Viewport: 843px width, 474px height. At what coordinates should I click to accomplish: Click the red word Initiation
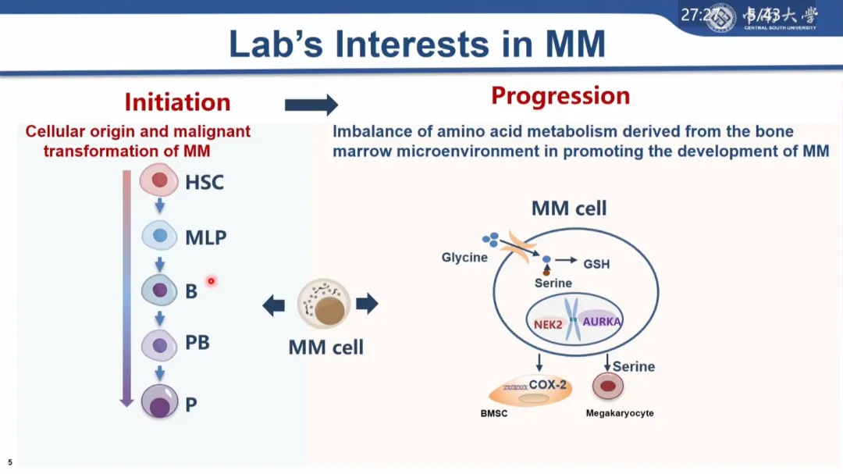pyautogui.click(x=177, y=102)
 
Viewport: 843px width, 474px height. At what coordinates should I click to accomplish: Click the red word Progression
pyautogui.click(x=560, y=96)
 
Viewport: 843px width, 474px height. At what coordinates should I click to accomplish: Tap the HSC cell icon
pyautogui.click(x=159, y=181)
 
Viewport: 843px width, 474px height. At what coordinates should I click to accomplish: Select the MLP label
pyautogui.click(x=205, y=237)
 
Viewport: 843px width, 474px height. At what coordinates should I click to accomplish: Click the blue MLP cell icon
pyautogui.click(x=159, y=235)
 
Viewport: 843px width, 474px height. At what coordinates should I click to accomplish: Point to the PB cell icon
pyautogui.click(x=159, y=344)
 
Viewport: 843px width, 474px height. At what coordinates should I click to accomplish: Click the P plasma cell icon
pyautogui.click(x=160, y=403)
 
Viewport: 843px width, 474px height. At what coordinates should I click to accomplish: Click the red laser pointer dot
pyautogui.click(x=211, y=281)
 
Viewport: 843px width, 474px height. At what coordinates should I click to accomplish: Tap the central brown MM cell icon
pyautogui.click(x=324, y=304)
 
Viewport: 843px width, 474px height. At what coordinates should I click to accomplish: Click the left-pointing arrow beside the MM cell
pyautogui.click(x=273, y=305)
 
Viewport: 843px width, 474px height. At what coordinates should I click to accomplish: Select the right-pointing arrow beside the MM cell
pyautogui.click(x=367, y=303)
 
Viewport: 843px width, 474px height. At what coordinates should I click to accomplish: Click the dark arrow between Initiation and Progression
pyautogui.click(x=311, y=105)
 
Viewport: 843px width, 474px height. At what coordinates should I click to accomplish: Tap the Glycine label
pyautogui.click(x=464, y=257)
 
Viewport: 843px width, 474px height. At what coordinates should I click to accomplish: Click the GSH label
pyautogui.click(x=596, y=264)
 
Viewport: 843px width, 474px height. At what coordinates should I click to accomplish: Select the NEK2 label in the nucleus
pyautogui.click(x=548, y=324)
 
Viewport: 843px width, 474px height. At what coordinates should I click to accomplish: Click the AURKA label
pyautogui.click(x=601, y=321)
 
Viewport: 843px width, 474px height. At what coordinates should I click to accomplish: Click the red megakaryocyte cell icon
pyautogui.click(x=607, y=387)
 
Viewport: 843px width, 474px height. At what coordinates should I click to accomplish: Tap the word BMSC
pyautogui.click(x=494, y=413)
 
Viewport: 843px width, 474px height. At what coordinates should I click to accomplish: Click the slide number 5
pyautogui.click(x=10, y=462)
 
